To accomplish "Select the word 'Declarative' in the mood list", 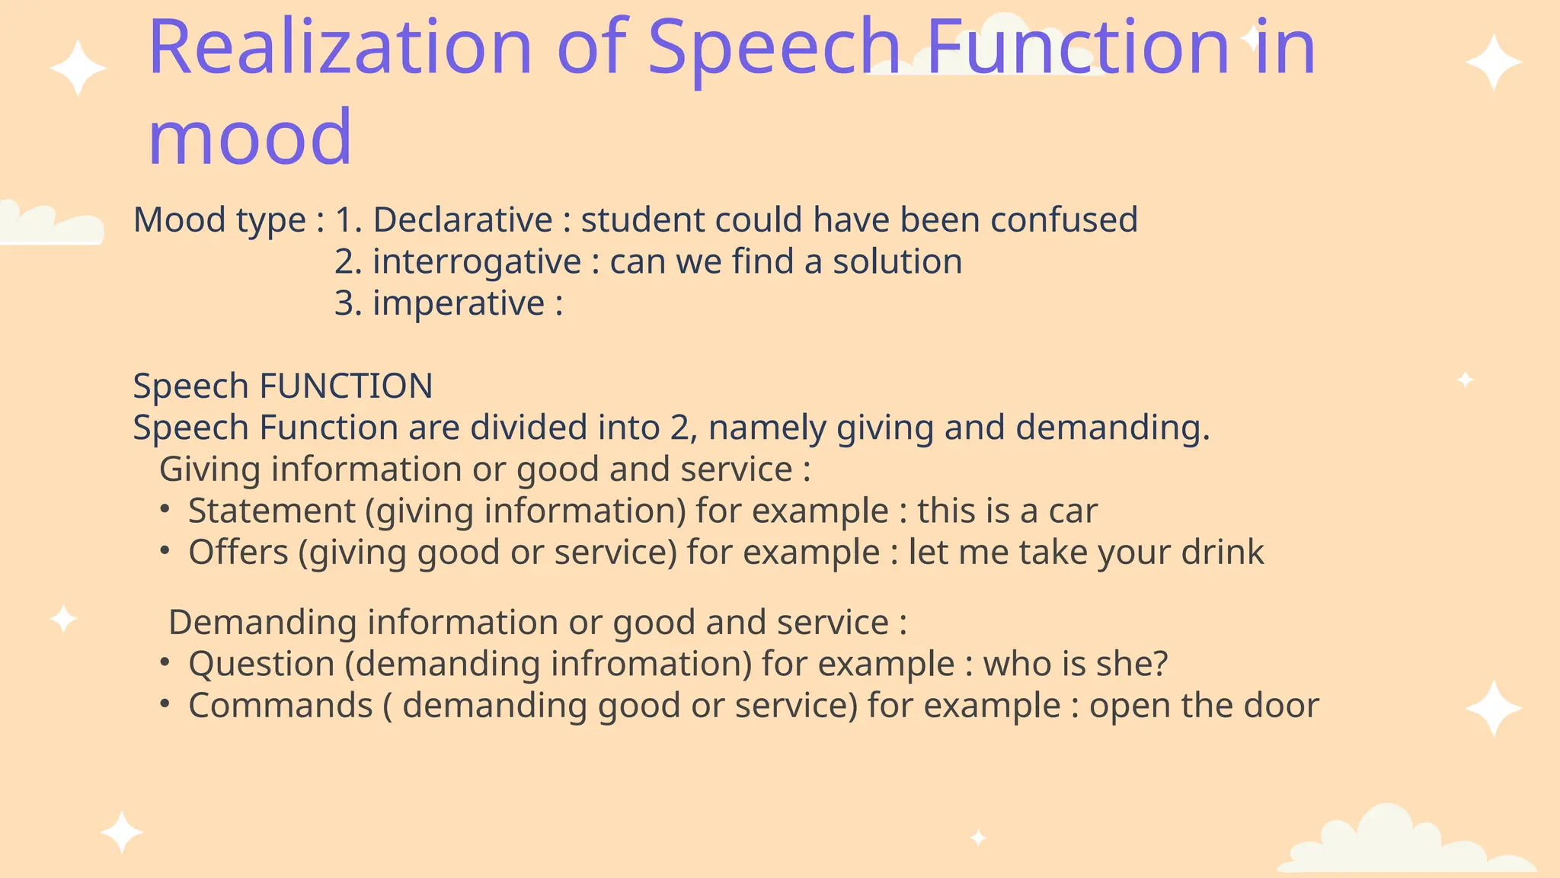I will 462,220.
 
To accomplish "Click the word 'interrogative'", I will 477,262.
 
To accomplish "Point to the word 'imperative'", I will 459,304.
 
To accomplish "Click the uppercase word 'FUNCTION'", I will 346,386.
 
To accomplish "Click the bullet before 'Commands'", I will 165,704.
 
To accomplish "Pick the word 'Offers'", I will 238,553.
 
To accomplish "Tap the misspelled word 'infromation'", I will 651,664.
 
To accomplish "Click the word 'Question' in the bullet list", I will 261,665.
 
